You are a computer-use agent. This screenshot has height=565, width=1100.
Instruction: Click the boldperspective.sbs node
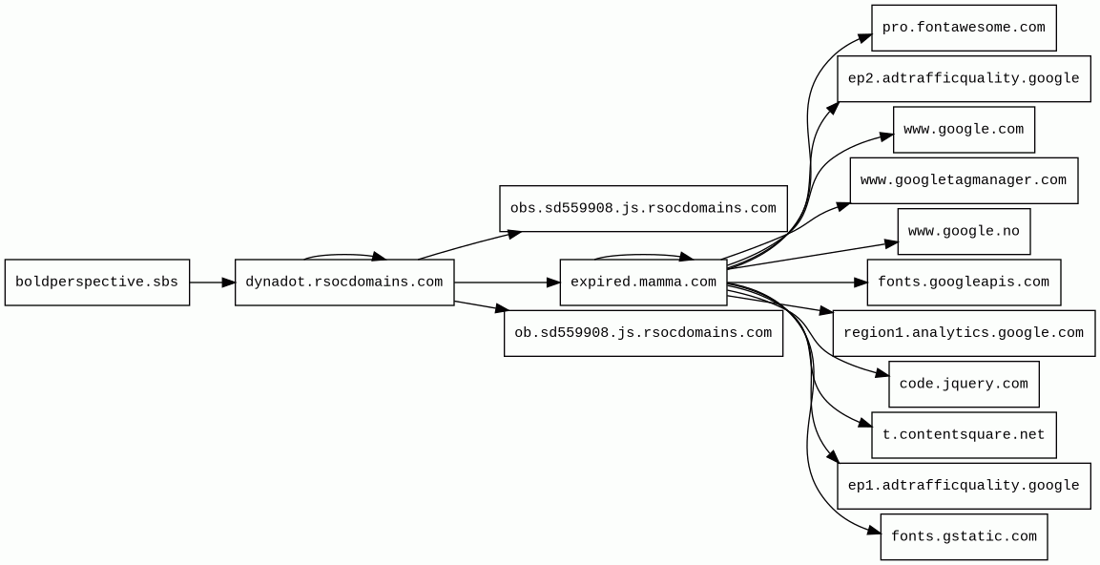[97, 282]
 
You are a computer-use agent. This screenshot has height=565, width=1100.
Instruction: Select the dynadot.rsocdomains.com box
[344, 282]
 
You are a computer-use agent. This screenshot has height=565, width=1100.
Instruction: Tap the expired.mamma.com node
[643, 282]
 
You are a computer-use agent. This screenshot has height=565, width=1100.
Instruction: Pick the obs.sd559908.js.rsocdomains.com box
[643, 209]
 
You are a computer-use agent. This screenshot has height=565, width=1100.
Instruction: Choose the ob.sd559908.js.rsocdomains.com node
[643, 333]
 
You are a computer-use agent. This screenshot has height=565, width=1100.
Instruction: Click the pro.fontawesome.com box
[964, 28]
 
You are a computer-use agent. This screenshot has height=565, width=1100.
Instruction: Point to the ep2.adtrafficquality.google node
[964, 78]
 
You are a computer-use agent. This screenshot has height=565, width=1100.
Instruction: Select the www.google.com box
[964, 130]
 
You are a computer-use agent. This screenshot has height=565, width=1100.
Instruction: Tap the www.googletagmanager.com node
[964, 180]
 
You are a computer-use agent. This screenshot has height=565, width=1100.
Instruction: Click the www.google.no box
[964, 232]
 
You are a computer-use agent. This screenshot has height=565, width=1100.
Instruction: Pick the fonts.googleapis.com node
[964, 282]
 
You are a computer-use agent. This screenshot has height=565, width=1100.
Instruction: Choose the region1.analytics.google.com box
[964, 333]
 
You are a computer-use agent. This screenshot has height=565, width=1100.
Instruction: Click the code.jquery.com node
[964, 385]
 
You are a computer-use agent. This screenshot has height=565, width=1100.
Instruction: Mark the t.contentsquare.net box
[964, 435]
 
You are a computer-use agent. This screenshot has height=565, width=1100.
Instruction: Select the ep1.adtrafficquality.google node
[964, 486]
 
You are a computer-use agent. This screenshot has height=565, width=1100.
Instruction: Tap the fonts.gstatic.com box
[964, 537]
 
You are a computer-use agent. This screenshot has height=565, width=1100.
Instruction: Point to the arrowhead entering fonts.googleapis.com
[860, 282]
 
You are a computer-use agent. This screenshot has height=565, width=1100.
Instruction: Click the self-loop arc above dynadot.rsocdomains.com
[343, 255]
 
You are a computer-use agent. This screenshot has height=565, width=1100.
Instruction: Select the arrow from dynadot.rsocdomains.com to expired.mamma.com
[506, 282]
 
